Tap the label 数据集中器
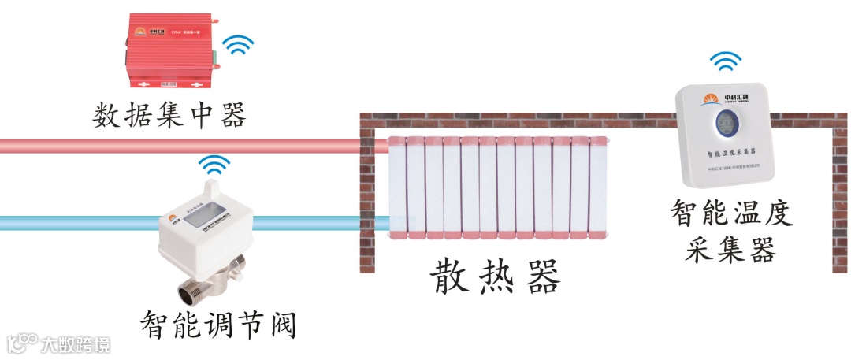pos(169,117)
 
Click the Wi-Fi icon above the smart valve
pos(214,165)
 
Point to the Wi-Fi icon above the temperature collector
pos(725,61)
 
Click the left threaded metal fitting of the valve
pos(193,291)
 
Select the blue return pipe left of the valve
pos(79,223)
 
